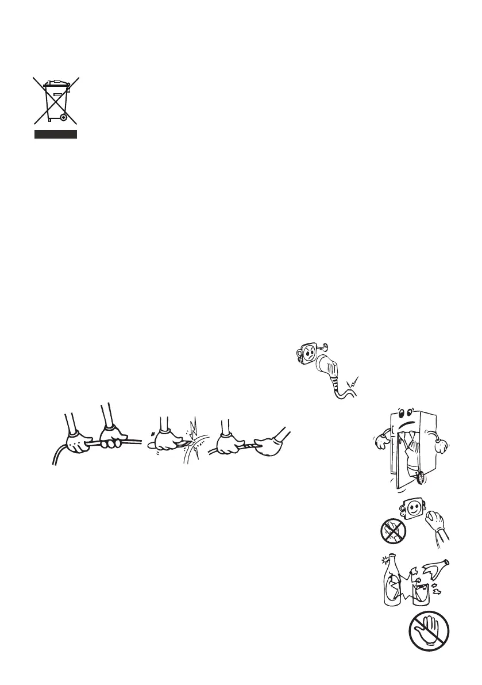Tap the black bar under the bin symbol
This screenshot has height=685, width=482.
click(55, 135)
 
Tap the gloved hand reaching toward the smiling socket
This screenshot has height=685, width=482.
click(434, 525)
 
